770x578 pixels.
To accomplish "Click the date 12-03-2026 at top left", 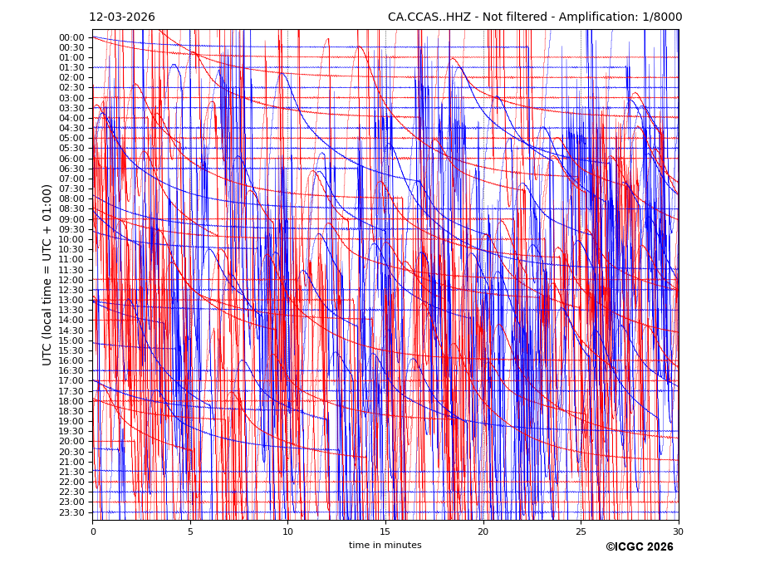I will coord(122,17).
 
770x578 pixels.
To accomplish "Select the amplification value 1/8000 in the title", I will coord(663,17).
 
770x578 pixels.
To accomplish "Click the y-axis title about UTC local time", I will coord(47,275).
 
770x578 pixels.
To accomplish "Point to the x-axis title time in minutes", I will coord(385,546).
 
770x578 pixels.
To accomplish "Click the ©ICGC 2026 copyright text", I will coord(639,547).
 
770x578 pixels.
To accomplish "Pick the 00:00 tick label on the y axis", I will coord(71,37).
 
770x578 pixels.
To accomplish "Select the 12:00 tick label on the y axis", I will coord(71,280).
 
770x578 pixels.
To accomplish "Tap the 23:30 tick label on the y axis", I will coord(71,512).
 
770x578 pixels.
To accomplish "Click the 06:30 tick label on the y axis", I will coord(71,169).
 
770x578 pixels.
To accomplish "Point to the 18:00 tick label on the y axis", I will coord(71,401).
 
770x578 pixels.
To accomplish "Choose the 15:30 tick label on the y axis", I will coord(71,350).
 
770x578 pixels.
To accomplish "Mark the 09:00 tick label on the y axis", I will coord(71,219).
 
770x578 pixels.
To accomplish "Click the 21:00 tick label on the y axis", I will coord(71,462).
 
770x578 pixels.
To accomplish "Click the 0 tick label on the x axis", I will coord(93,531).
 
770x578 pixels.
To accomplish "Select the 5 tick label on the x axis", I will coord(190,531).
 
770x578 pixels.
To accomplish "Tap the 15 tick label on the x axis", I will coord(385,531).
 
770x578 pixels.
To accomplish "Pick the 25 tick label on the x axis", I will coord(581,531).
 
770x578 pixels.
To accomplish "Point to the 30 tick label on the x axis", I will coord(678,531).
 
